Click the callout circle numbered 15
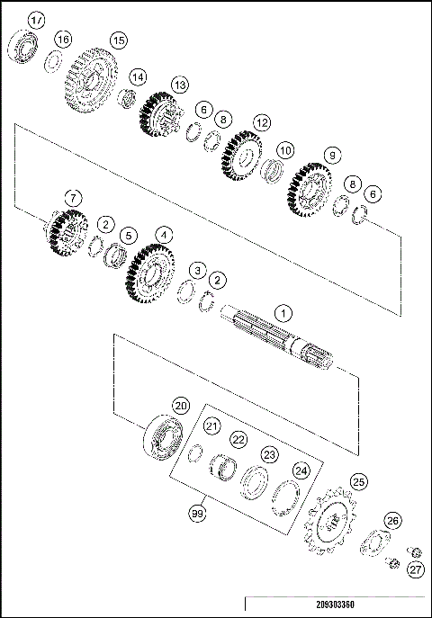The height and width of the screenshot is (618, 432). click(x=117, y=40)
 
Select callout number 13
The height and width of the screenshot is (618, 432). click(x=180, y=85)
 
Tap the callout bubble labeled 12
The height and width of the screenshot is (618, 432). click(x=262, y=121)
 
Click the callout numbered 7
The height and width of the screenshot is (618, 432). click(x=73, y=197)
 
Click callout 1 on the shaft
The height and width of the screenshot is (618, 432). click(x=283, y=314)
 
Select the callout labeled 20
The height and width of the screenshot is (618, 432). click(x=181, y=406)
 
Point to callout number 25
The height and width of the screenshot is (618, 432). click(x=360, y=482)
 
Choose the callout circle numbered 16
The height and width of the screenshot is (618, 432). click(x=63, y=40)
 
